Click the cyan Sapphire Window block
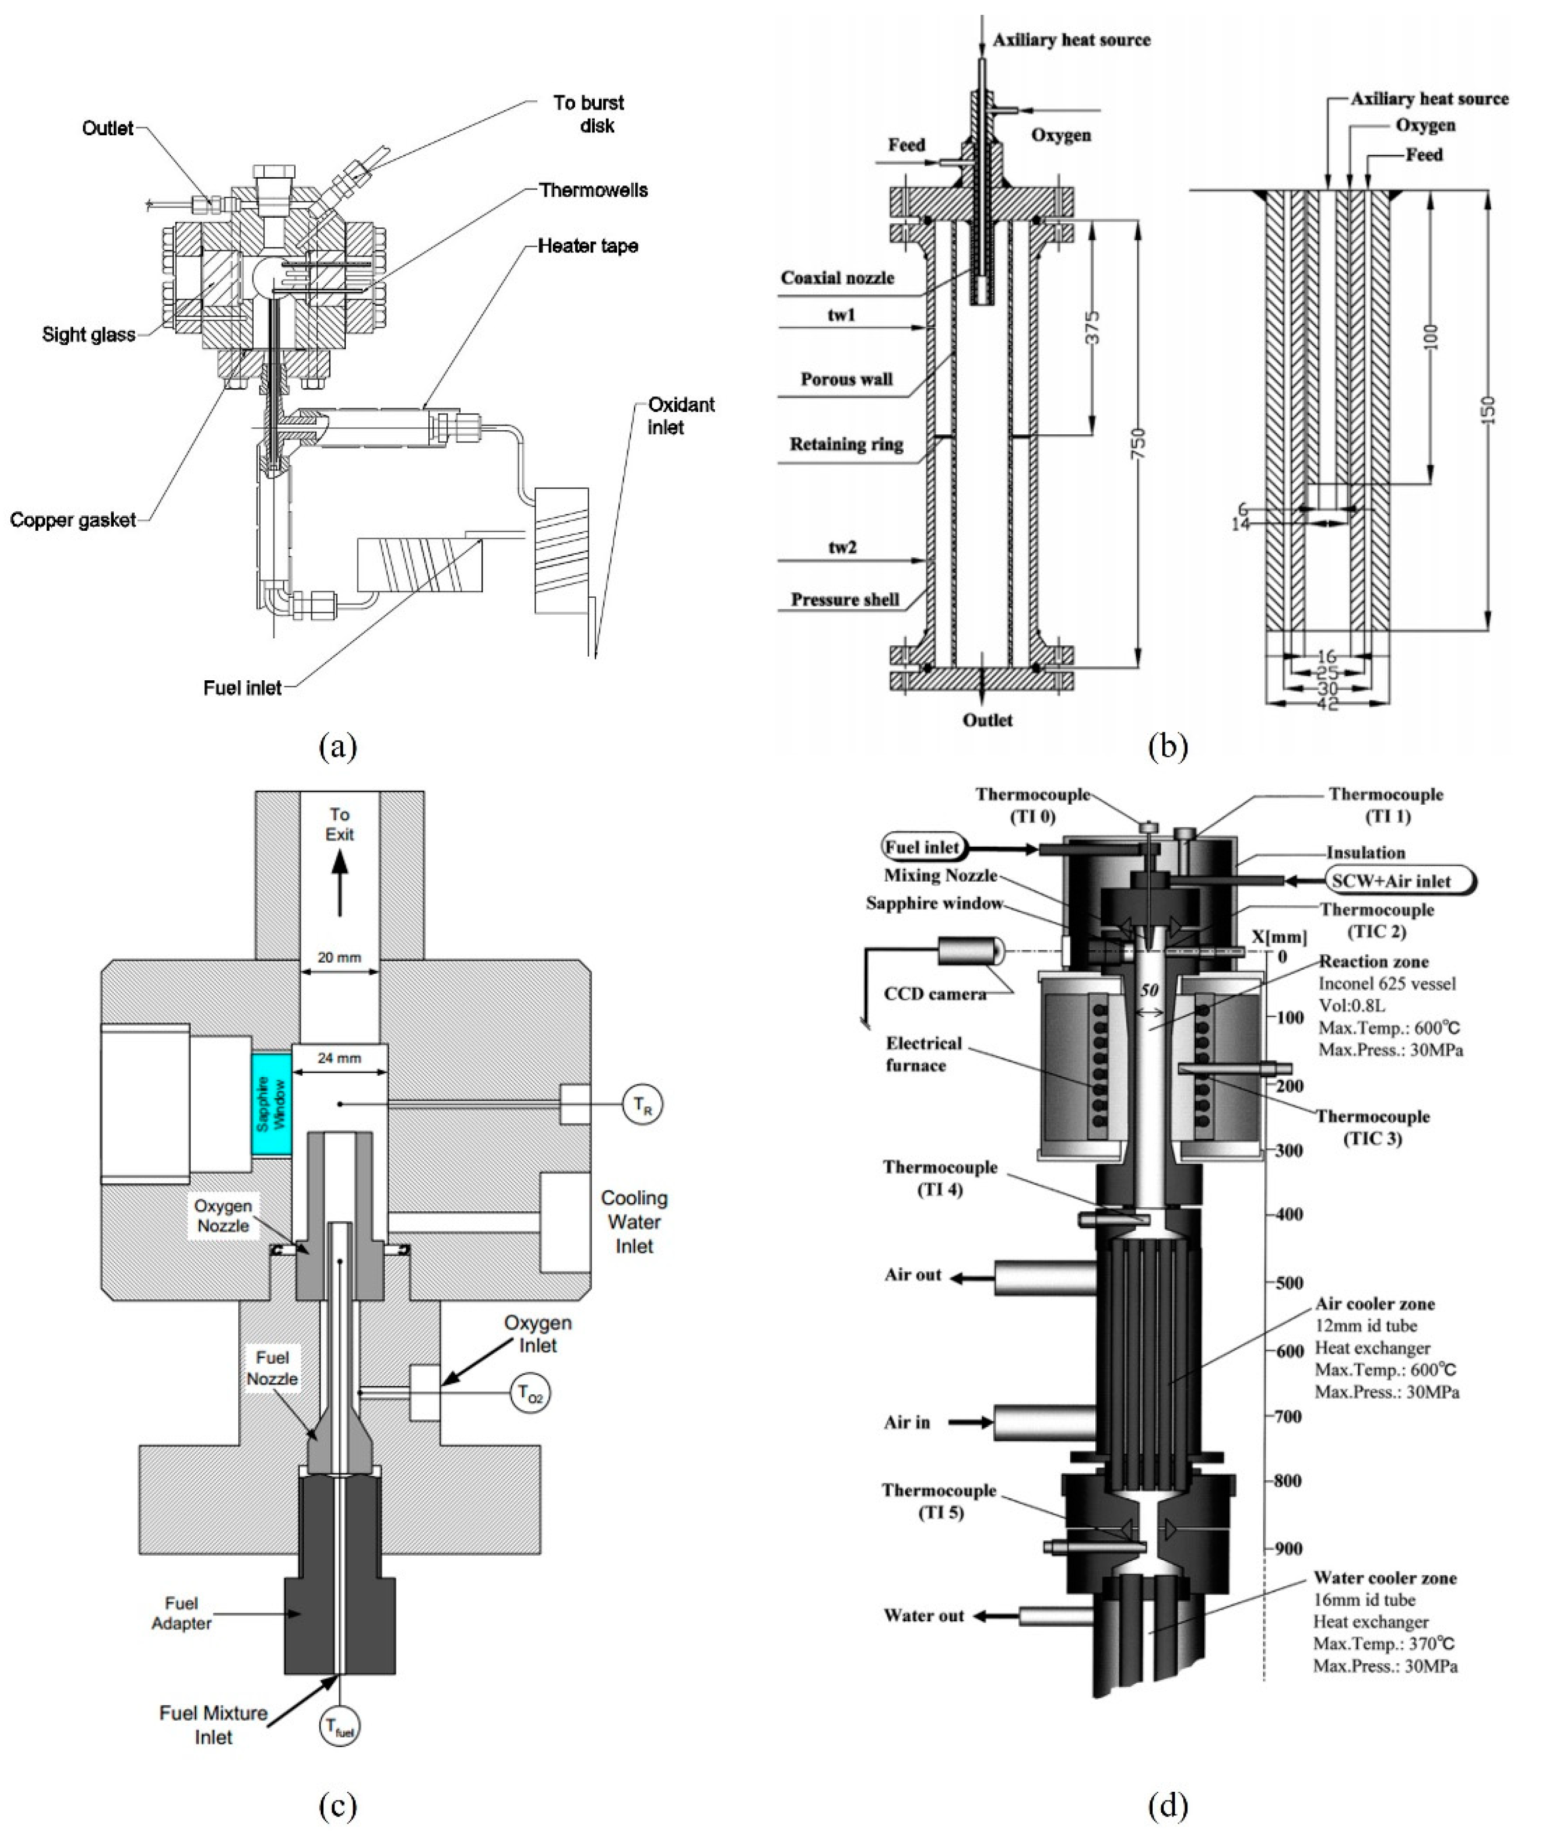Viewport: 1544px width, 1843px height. pos(271,1104)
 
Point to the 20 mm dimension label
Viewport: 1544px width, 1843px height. pos(339,957)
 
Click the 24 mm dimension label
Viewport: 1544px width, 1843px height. pos(339,1058)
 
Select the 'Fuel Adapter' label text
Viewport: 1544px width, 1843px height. pos(182,1613)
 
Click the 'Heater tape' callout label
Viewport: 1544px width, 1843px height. pos(588,246)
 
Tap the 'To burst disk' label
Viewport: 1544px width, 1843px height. pos(589,114)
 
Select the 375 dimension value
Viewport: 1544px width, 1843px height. pos(1092,327)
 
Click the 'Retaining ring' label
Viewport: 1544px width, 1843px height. pos(846,444)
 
